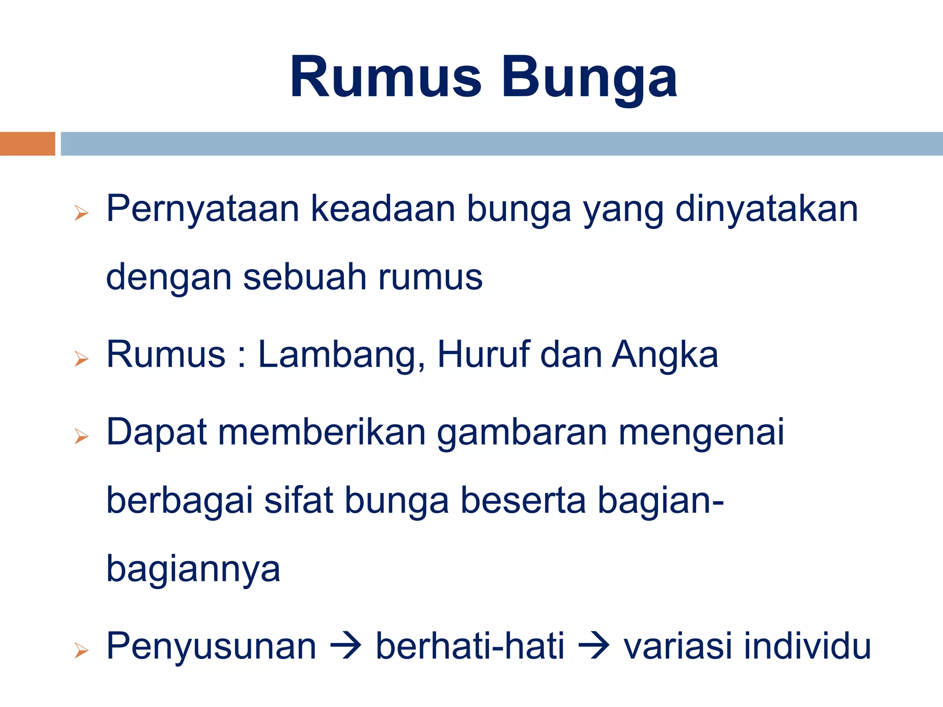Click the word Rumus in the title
(386, 77)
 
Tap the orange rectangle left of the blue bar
(27, 144)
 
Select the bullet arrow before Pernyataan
(81, 213)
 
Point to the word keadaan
(383, 209)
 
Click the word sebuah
(304, 277)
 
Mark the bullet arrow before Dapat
(81, 436)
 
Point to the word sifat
(298, 500)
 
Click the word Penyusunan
(211, 646)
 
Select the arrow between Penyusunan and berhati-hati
(346, 646)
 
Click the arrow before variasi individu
(594, 646)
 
